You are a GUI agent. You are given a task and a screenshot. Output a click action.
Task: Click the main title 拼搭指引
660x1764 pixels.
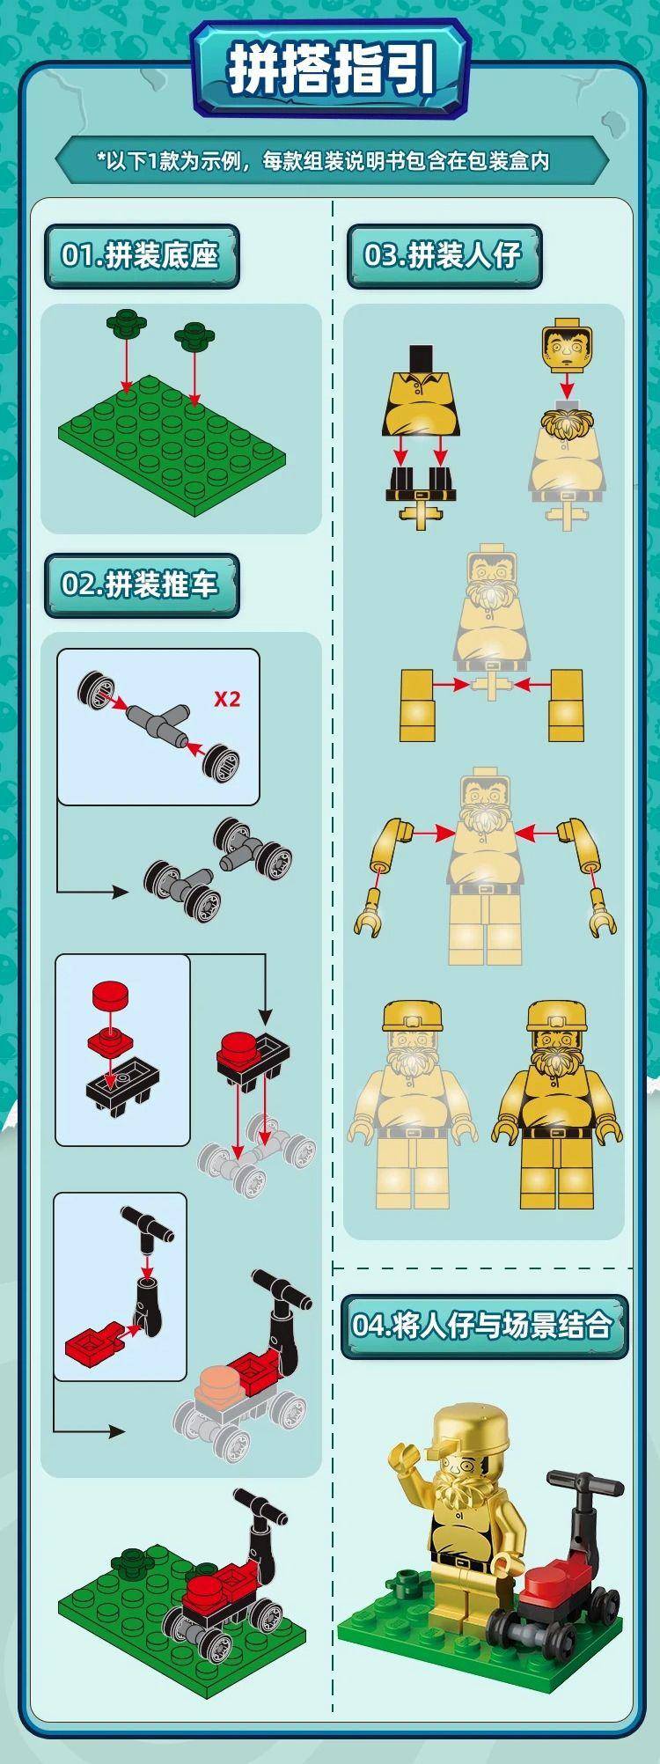click(332, 70)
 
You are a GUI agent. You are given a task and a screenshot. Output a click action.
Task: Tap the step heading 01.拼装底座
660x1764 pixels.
click(139, 255)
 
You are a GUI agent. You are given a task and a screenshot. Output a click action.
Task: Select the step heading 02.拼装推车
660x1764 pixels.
click(139, 584)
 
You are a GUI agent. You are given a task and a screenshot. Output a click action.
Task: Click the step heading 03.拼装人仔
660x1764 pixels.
click(443, 255)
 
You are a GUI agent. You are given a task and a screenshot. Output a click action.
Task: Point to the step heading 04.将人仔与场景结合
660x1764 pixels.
click(481, 1325)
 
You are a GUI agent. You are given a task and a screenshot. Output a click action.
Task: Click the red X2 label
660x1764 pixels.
click(227, 699)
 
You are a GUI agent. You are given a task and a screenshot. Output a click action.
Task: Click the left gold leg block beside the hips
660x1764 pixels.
click(418, 705)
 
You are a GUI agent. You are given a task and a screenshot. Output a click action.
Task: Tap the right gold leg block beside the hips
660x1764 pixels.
click(566, 705)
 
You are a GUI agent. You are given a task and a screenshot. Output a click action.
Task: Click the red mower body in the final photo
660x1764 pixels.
click(553, 1566)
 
